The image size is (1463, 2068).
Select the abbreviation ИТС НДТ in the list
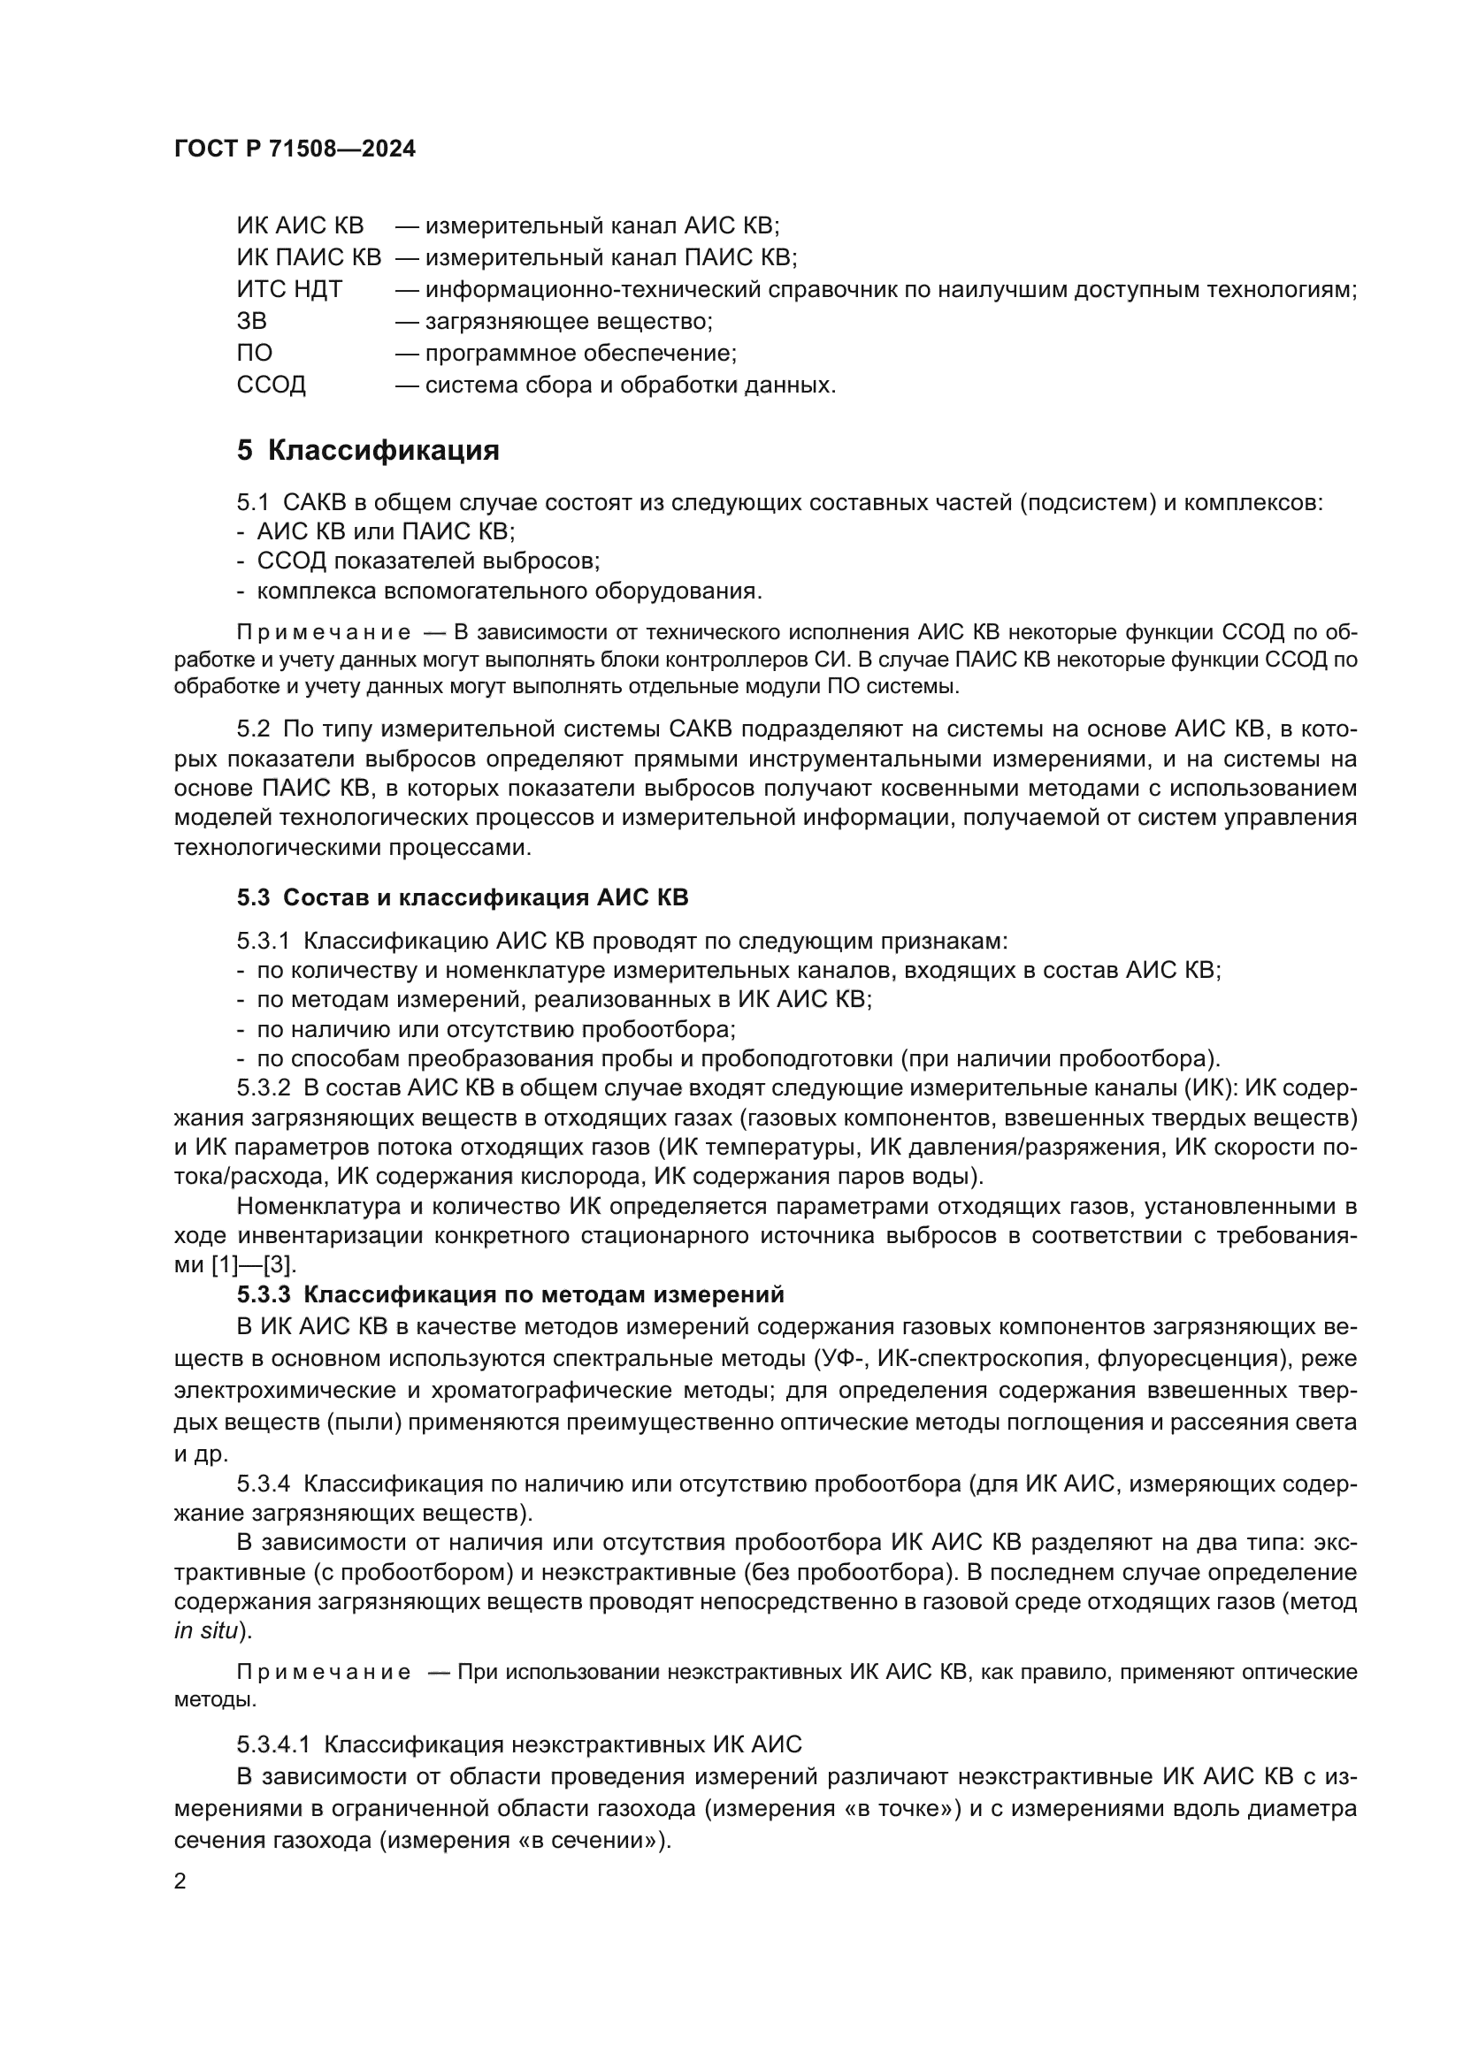(289, 290)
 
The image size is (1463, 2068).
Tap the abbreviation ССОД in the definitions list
(272, 385)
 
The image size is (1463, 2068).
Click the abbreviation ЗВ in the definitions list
(251, 322)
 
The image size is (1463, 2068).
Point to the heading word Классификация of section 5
(384, 450)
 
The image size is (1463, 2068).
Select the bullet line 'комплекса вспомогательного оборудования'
(509, 591)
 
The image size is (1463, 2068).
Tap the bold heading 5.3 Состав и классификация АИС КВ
(462, 898)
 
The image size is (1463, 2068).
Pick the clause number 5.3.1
(263, 942)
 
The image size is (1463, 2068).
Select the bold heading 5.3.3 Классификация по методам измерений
(509, 1294)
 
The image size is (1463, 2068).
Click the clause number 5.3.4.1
(273, 1744)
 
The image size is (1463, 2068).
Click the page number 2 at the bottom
(180, 1882)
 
